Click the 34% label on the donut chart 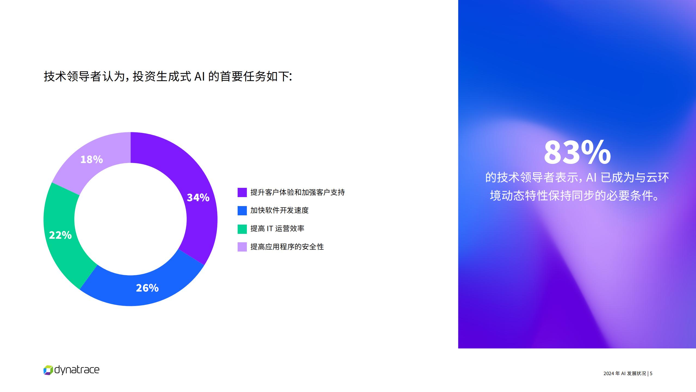[x=198, y=197]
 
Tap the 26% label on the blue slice [x=147, y=288]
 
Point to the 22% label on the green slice [x=60, y=235]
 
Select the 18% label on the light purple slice [x=92, y=159]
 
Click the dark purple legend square [x=242, y=192]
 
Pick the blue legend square [x=242, y=210]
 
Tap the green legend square [x=242, y=229]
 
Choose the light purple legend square [x=242, y=247]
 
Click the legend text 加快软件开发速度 [x=279, y=210]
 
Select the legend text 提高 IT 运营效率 [x=277, y=229]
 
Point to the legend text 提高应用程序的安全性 [x=287, y=247]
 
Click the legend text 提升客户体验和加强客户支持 [x=298, y=192]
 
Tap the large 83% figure [x=577, y=152]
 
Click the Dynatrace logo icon [x=48, y=370]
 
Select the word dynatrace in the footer [x=77, y=370]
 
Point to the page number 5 [x=651, y=373]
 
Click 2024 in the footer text [x=608, y=373]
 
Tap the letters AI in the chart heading [x=200, y=76]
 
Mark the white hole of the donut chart [x=130, y=219]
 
